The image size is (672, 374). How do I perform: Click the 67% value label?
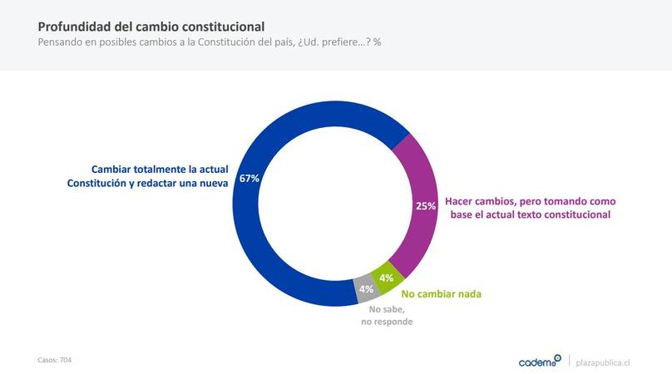pyautogui.click(x=250, y=178)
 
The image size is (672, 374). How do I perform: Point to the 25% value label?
pyautogui.click(x=426, y=206)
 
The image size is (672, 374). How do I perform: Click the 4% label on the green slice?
pyautogui.click(x=386, y=278)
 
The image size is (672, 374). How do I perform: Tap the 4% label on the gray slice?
pyautogui.click(x=366, y=289)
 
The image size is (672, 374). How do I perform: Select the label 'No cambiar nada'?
pyautogui.click(x=442, y=293)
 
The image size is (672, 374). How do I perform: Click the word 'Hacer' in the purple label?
pyautogui.click(x=460, y=201)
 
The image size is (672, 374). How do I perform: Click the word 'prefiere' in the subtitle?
pyautogui.click(x=334, y=42)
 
